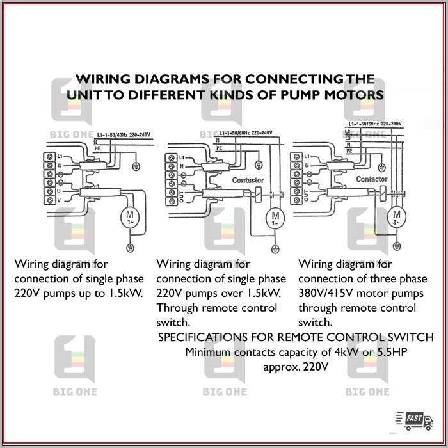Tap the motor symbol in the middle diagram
click(276, 218)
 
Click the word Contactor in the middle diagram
click(248, 180)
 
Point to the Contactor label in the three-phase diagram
click(372, 179)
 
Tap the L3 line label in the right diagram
click(348, 138)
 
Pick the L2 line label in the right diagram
click(348, 132)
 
